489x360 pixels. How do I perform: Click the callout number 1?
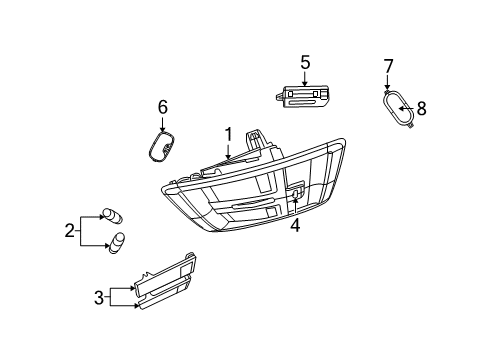[x=228, y=134]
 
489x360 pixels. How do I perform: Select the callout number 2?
[x=70, y=231]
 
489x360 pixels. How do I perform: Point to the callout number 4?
[x=295, y=225]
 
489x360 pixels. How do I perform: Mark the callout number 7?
[x=388, y=67]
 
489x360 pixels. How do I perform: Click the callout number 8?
[x=421, y=107]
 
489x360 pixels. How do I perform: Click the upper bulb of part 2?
[x=108, y=214]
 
